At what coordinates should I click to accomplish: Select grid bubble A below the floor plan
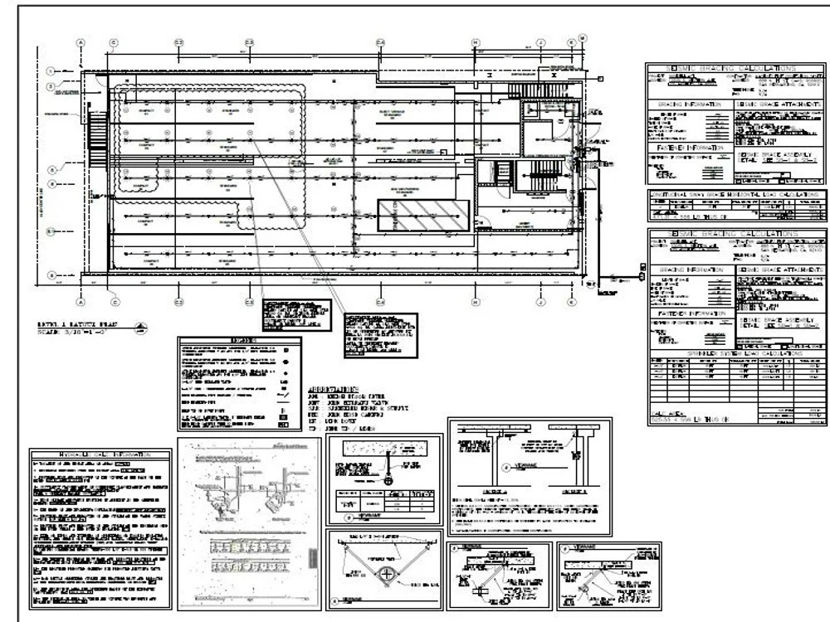(81, 303)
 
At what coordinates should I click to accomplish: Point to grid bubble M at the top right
(583, 36)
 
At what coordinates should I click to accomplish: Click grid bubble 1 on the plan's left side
(51, 70)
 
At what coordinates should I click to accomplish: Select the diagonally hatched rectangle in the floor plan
(421, 215)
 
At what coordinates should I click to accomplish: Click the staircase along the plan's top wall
(525, 90)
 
